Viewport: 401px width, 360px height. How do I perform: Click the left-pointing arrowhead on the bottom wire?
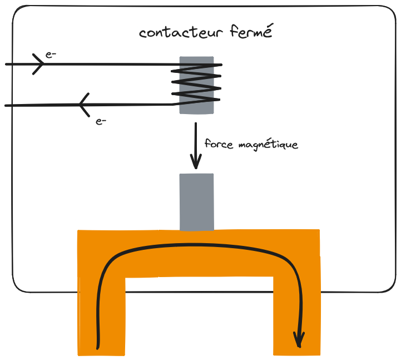point(83,104)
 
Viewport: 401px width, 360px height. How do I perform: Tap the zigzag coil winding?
point(196,83)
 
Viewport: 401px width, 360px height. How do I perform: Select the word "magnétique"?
point(268,145)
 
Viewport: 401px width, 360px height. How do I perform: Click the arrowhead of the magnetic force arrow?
point(196,163)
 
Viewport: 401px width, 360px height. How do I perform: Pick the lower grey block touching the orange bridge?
point(196,201)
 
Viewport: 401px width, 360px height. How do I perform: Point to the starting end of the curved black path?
point(98,348)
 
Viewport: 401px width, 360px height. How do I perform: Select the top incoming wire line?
point(111,65)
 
